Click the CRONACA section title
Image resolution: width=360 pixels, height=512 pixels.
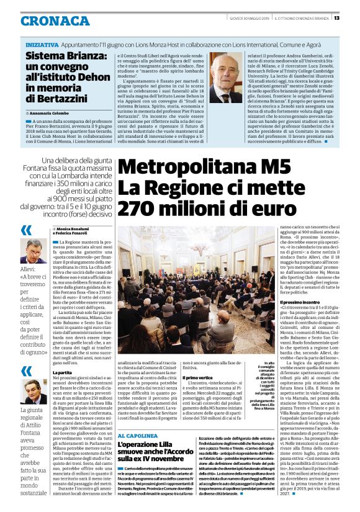55,21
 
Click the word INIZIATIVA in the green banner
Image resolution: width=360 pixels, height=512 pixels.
43,46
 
